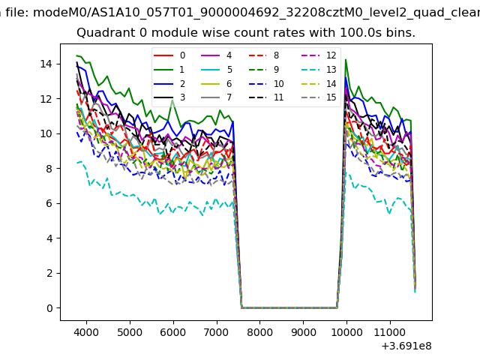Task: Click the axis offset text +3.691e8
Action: point(406,346)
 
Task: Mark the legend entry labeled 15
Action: point(331,97)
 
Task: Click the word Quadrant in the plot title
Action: point(103,33)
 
